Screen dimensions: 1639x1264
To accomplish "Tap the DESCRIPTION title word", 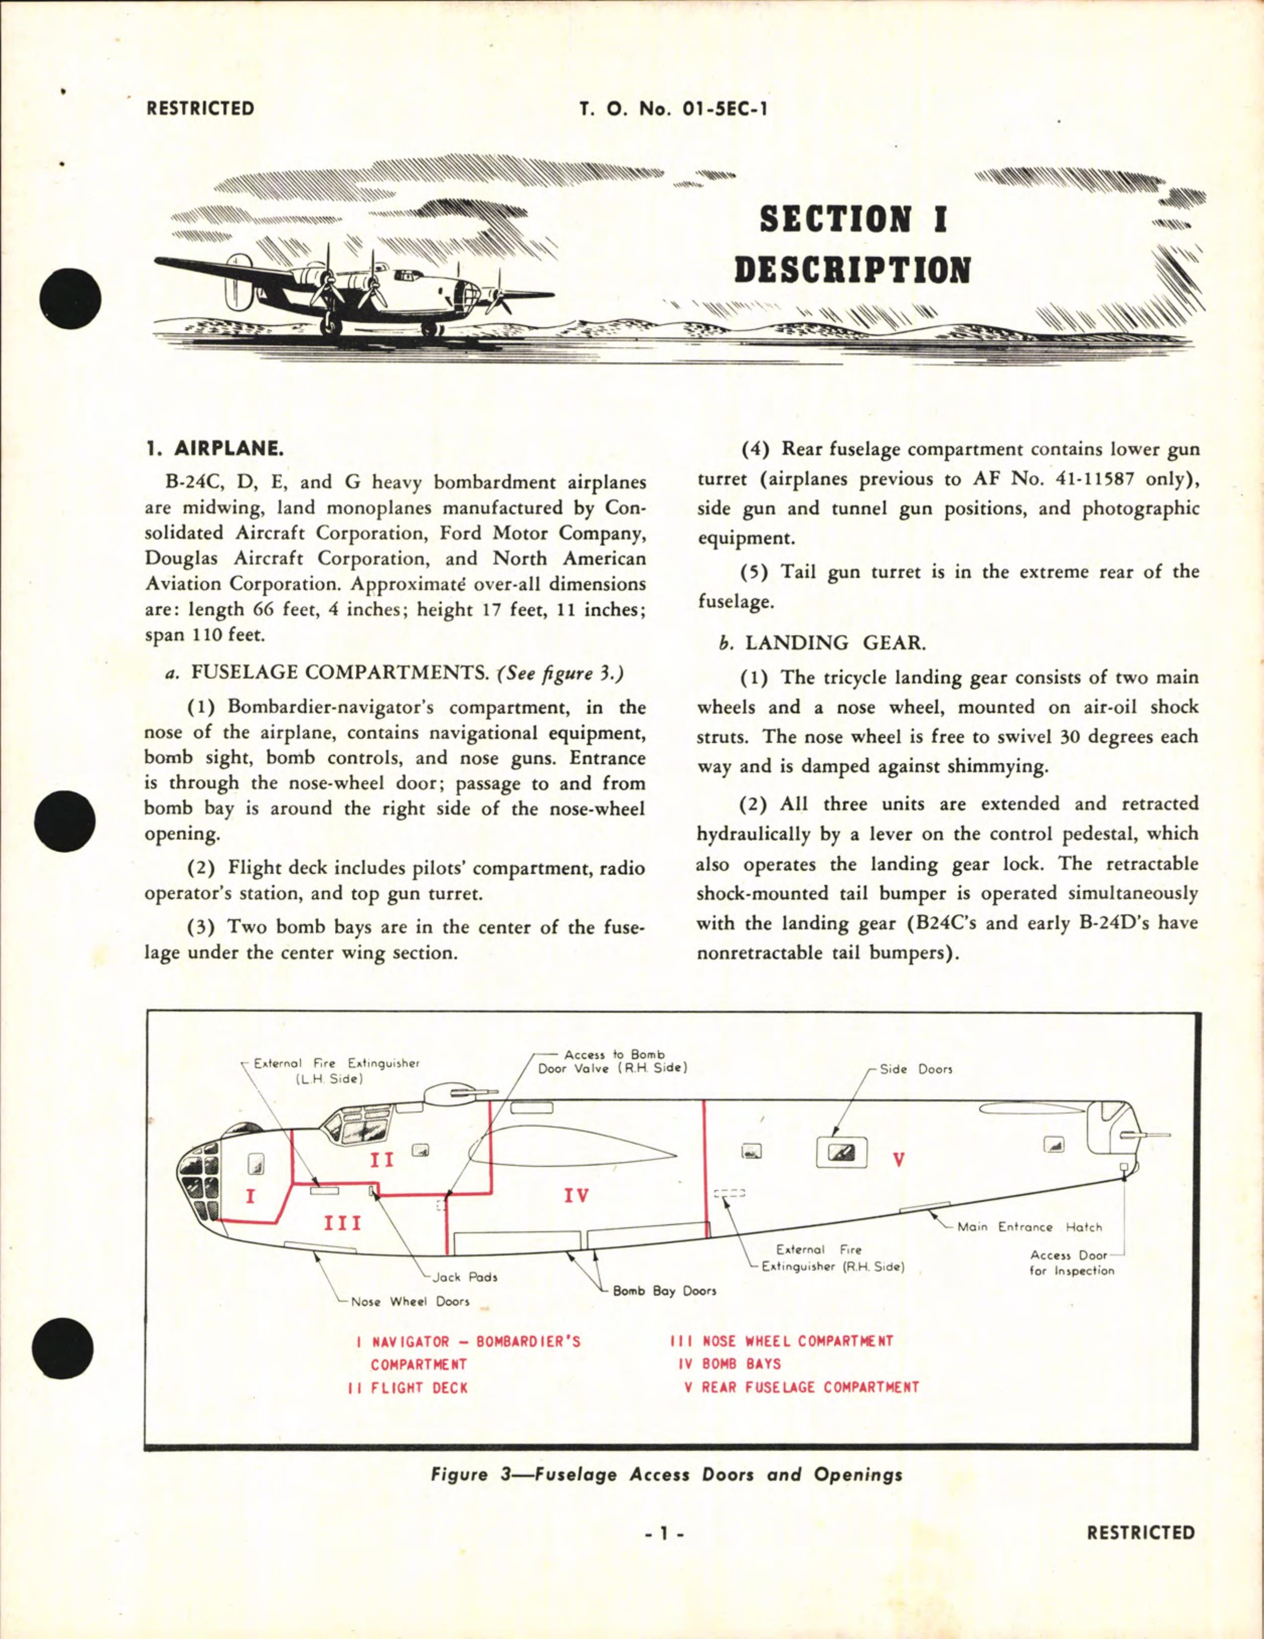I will point(853,271).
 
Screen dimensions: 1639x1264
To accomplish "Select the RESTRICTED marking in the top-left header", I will point(200,109).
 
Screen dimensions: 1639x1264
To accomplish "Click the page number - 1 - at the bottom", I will point(664,1534).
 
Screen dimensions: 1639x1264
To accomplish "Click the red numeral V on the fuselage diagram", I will point(898,1160).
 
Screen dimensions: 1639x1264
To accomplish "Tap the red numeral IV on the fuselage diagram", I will point(577,1195).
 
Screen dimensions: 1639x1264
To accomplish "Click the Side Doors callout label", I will point(915,1070).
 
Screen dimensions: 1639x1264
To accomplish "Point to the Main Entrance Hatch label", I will point(1029,1227).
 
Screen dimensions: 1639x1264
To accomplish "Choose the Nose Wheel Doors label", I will point(410,1301).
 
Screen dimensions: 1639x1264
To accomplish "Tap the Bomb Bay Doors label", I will point(664,1291).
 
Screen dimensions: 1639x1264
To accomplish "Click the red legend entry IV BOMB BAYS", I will point(730,1364).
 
